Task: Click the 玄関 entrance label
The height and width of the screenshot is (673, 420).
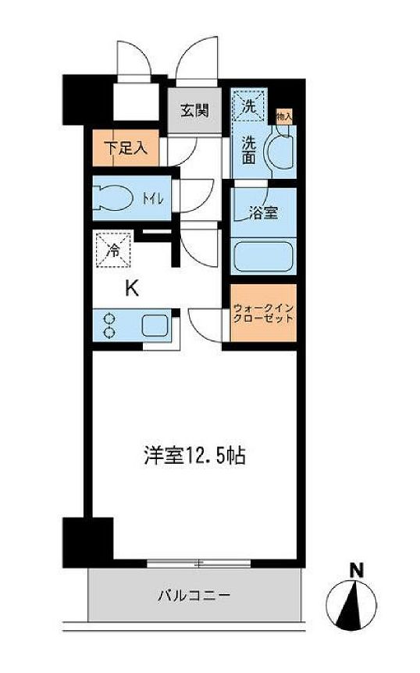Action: (x=195, y=110)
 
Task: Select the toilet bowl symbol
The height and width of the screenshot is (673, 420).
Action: (x=116, y=197)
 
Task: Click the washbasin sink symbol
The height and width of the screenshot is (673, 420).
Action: (x=279, y=150)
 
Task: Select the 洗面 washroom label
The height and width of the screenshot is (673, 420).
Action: (x=248, y=149)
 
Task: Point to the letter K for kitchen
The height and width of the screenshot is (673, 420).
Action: (x=133, y=288)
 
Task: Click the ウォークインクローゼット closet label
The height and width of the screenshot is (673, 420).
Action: (x=263, y=313)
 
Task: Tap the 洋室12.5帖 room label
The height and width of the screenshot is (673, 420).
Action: (x=194, y=456)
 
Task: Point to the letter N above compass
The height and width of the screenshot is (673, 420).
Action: (x=356, y=571)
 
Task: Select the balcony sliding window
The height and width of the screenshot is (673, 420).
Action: (x=187, y=562)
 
